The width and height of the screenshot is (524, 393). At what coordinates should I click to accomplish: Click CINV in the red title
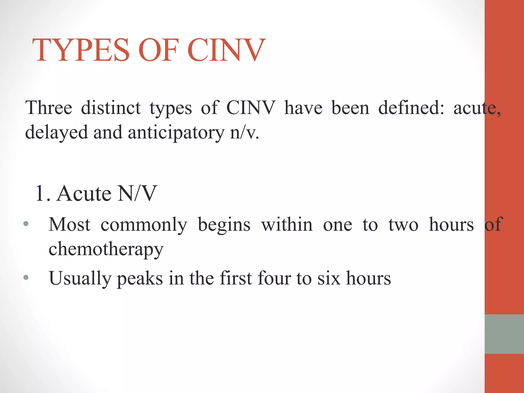pos(226,50)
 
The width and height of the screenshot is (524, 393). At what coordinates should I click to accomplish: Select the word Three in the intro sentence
pos(49,108)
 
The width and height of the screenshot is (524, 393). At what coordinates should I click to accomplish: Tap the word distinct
pos(111,108)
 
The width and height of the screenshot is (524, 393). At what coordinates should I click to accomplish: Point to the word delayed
pos(56,133)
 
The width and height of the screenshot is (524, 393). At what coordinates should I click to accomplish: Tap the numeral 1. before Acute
pos(42,193)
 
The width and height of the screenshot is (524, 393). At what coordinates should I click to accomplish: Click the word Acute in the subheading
pos(84,193)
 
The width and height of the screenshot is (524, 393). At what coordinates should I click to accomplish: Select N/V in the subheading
pos(137,193)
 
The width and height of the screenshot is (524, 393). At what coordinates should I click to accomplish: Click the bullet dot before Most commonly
pos(26,224)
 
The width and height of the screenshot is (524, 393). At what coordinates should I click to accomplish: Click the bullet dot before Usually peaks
pos(26,277)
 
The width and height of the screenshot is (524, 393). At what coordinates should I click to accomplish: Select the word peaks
pos(140,278)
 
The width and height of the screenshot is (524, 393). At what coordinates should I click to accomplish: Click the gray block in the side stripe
pos(504,334)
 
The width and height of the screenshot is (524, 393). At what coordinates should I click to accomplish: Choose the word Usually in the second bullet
pos(80,278)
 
